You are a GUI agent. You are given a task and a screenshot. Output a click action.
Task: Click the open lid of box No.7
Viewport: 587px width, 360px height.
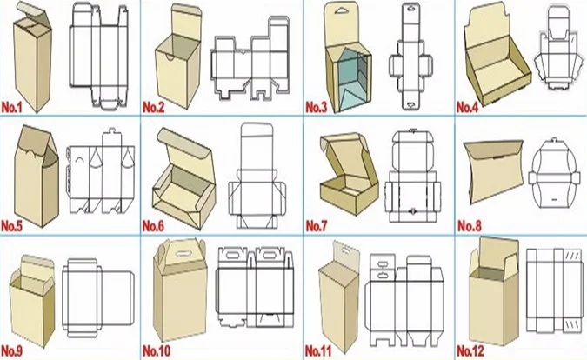click(338, 156)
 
